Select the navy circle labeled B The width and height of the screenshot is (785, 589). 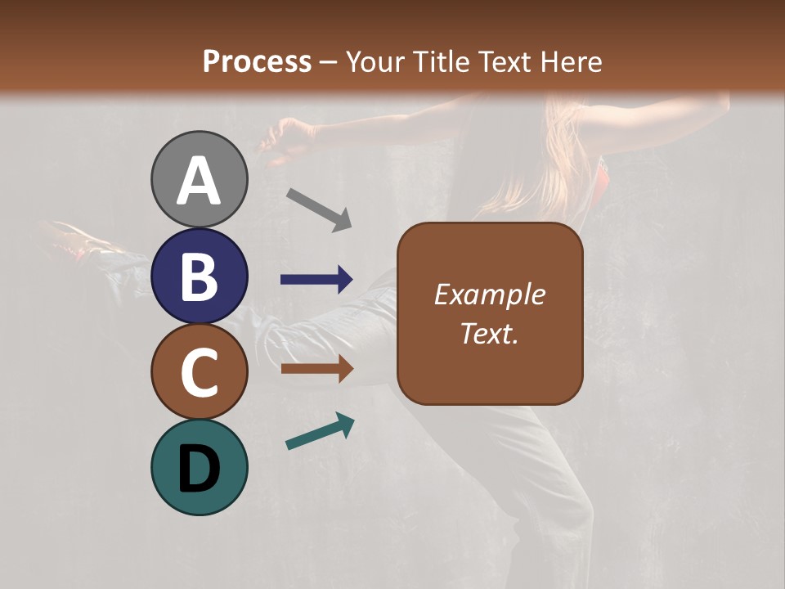tap(200, 276)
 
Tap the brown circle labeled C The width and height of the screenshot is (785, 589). tap(200, 372)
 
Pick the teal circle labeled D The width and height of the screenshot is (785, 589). tap(200, 468)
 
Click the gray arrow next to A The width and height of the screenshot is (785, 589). tap(319, 209)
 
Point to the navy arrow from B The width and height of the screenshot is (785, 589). tap(317, 280)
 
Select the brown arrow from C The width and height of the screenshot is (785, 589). tap(317, 369)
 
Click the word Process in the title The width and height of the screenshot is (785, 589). tap(257, 61)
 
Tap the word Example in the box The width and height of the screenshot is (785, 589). tap(489, 294)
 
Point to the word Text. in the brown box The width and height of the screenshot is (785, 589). tap(489, 333)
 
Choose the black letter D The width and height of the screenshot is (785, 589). tap(200, 470)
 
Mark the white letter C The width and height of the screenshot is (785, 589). tap(200, 373)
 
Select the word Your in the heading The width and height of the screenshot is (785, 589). tap(373, 61)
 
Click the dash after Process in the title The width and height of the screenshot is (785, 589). tap(328, 63)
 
